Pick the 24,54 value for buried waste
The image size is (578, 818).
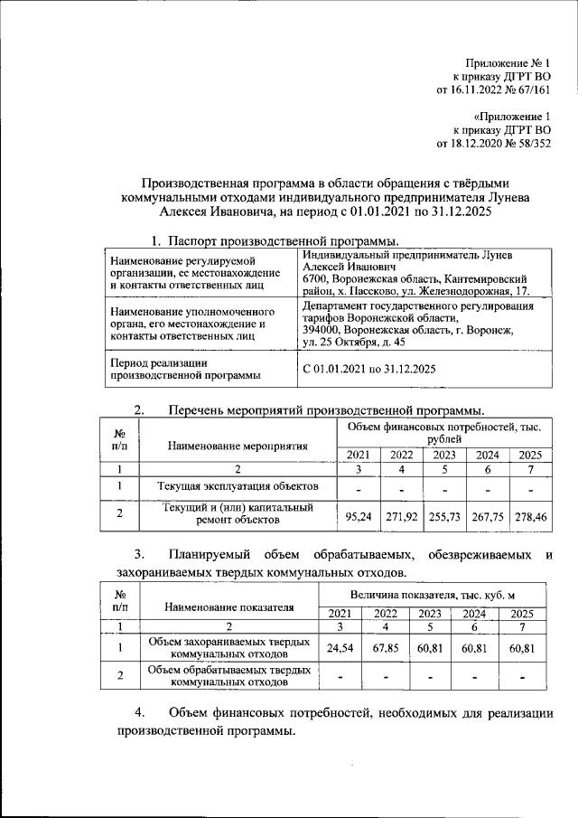tap(338, 648)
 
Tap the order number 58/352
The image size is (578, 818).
tap(530, 143)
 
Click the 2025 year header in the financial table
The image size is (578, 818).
tap(529, 455)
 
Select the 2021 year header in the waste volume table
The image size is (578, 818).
tap(338, 615)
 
